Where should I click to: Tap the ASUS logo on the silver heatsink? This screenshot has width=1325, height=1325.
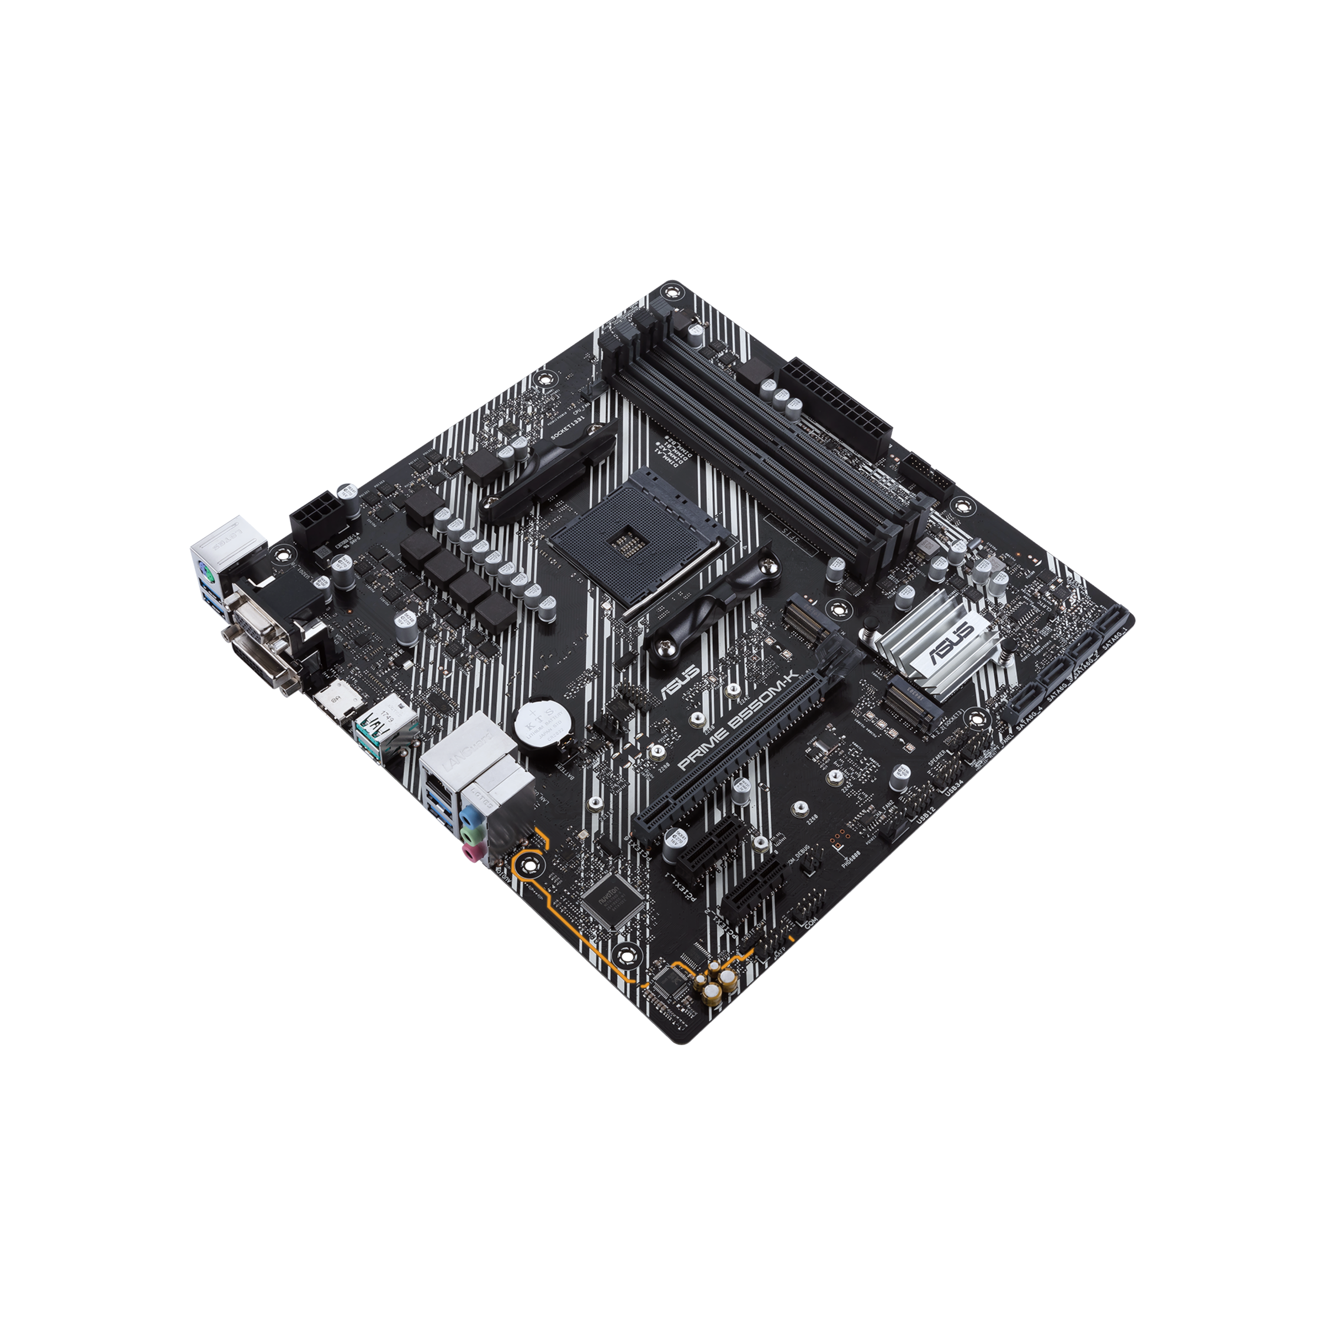pos(949,642)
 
